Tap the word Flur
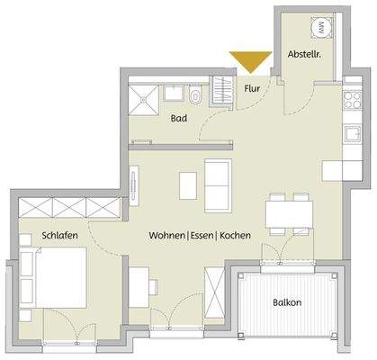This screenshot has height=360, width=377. click(252, 88)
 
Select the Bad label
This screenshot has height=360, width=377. click(179, 118)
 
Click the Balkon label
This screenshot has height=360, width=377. click(288, 302)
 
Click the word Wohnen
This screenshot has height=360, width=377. click(168, 235)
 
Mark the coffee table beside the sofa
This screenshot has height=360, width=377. click(188, 184)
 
